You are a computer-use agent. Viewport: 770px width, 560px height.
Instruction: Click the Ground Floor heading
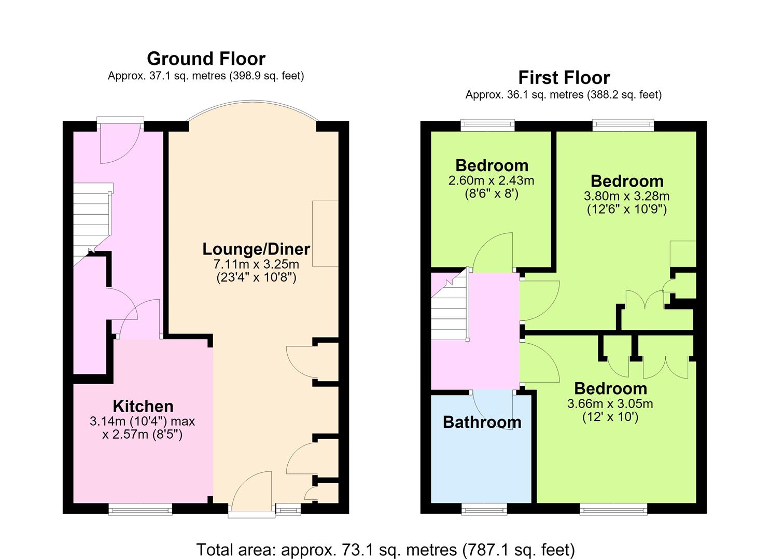coord(206,59)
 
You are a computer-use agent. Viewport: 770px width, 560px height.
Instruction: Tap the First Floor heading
coord(564,78)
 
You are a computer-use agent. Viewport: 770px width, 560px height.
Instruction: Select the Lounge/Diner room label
coord(256,249)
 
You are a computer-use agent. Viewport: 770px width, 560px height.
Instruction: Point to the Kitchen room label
coord(143,407)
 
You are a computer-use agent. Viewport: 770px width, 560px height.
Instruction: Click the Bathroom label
coord(482,423)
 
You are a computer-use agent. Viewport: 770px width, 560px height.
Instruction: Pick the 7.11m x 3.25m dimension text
coord(256,264)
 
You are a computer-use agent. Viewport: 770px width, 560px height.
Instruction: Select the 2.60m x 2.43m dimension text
coord(491,180)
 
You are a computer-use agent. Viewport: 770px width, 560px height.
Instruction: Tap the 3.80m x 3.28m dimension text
coord(627,197)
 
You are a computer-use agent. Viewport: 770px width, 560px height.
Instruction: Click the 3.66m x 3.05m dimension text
coord(610,403)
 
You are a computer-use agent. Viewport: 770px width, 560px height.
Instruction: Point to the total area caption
coord(385,549)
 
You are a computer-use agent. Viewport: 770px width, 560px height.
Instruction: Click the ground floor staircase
coord(93,224)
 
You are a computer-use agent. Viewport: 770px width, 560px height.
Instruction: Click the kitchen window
coord(140,509)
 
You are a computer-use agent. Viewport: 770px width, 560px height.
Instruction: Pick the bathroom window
coord(484,509)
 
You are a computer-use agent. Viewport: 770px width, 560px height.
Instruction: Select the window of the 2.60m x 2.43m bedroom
coord(487,125)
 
